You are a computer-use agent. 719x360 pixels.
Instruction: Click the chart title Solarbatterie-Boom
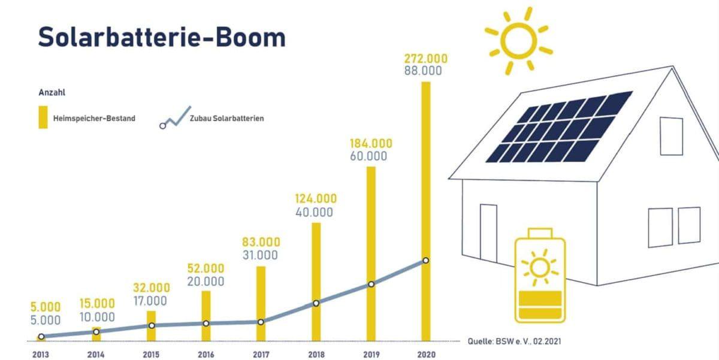click(162, 37)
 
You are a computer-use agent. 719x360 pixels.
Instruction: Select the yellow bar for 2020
click(425, 180)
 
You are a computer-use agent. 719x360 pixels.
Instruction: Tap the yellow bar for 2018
click(316, 264)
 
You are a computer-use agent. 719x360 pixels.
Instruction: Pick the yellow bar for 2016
click(206, 305)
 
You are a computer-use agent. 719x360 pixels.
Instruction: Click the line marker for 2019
click(371, 284)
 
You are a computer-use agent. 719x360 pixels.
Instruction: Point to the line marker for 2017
click(261, 322)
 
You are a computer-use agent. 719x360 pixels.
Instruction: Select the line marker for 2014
click(96, 331)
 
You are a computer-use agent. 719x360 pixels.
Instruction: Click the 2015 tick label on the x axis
click(151, 354)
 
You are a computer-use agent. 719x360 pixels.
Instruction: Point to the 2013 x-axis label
click(41, 354)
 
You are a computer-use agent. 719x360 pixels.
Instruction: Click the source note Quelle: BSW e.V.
click(515, 341)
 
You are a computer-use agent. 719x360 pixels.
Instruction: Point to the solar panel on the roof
click(558, 127)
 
